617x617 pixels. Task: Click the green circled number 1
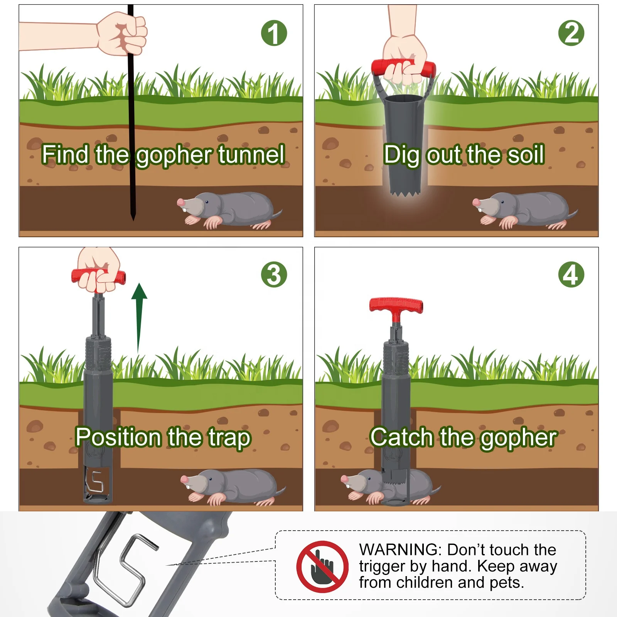274,33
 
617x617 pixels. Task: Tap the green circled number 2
571,33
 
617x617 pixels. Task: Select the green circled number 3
274,275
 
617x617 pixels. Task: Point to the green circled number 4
571,275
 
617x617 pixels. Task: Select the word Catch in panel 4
402,437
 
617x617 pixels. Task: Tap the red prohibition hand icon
322,566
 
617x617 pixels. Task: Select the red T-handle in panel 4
396,305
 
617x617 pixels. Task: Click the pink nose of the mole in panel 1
180,202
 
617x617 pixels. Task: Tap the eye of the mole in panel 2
502,201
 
